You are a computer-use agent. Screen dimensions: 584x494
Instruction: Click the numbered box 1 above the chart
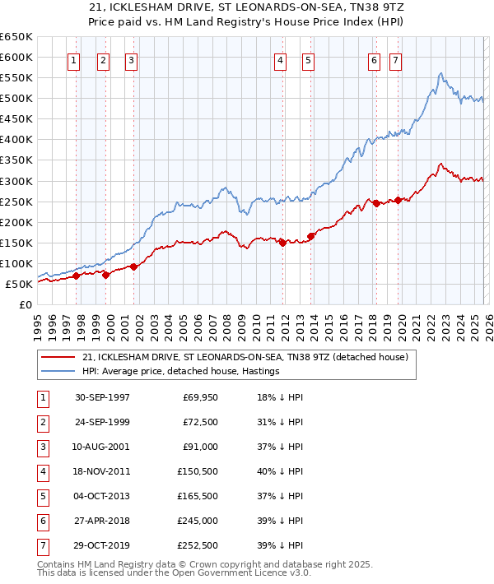[75, 60]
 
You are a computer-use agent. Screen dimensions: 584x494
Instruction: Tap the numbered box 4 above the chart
[281, 60]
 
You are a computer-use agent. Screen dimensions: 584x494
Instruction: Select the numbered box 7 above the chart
[395, 60]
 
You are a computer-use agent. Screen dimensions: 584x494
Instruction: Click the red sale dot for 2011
[282, 243]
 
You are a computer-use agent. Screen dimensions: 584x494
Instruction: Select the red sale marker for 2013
[310, 236]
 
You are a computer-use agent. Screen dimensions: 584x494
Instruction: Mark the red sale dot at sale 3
[133, 267]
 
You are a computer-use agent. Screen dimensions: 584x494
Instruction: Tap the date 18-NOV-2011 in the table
[102, 471]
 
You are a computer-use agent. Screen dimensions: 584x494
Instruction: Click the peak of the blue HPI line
[441, 74]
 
